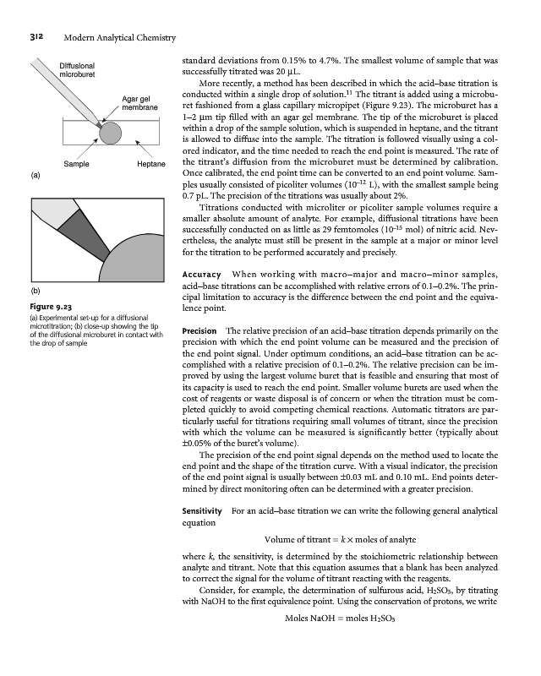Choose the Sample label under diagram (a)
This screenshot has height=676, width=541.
(76, 164)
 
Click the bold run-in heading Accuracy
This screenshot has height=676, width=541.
(201, 275)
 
